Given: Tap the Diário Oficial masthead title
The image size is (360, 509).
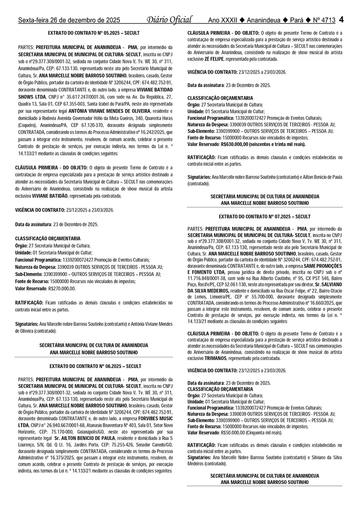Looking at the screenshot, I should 169,20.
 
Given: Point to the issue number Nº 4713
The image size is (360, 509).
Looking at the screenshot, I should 324,20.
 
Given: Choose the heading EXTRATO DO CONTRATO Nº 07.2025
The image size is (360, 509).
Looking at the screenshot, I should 265,216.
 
